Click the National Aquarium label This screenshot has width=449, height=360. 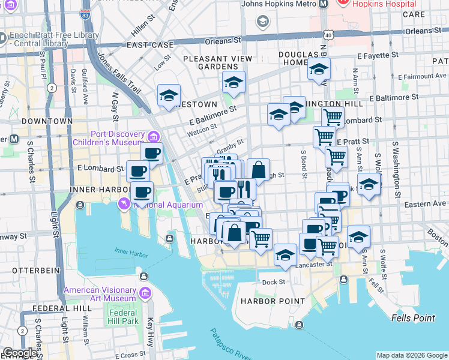click(168, 205)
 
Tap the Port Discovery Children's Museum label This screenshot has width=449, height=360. click(111, 138)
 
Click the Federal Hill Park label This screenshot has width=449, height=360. click(123, 317)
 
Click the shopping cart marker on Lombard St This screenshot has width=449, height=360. click(332, 117)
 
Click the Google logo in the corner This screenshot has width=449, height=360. click(19, 353)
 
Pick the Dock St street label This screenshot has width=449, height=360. click(273, 282)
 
